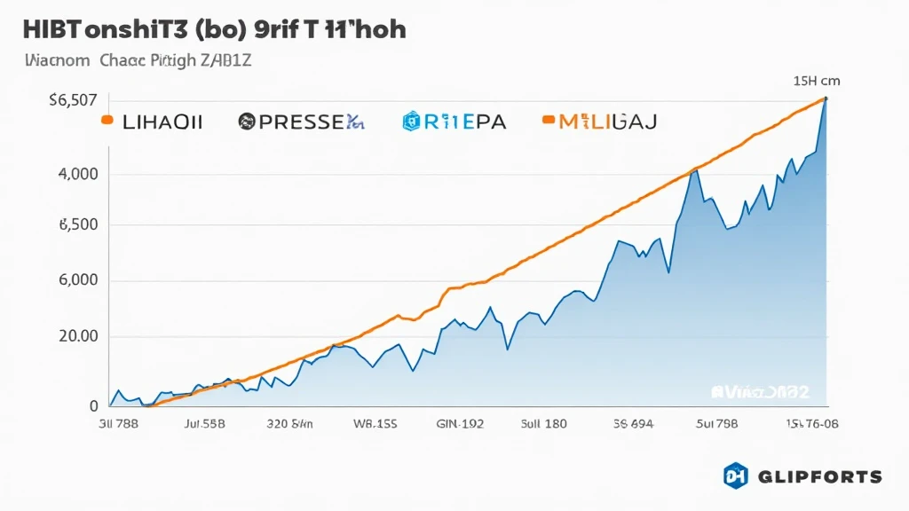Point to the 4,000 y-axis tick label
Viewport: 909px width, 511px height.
(x=77, y=174)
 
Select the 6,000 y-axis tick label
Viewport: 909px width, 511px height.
(x=77, y=281)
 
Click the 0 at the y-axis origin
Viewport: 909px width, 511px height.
(x=92, y=406)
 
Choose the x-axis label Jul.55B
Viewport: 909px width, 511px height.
(x=203, y=424)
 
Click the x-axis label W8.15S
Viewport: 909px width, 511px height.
(x=375, y=424)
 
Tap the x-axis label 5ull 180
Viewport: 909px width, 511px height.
(x=543, y=424)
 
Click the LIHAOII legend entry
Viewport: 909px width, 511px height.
(x=160, y=122)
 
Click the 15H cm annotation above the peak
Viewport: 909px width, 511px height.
(x=816, y=81)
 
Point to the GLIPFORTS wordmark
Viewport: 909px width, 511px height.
(x=820, y=477)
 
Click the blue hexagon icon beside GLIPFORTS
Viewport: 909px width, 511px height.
(x=736, y=476)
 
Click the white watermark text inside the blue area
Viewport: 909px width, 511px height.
(x=765, y=390)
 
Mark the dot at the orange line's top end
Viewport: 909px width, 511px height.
(x=826, y=98)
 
